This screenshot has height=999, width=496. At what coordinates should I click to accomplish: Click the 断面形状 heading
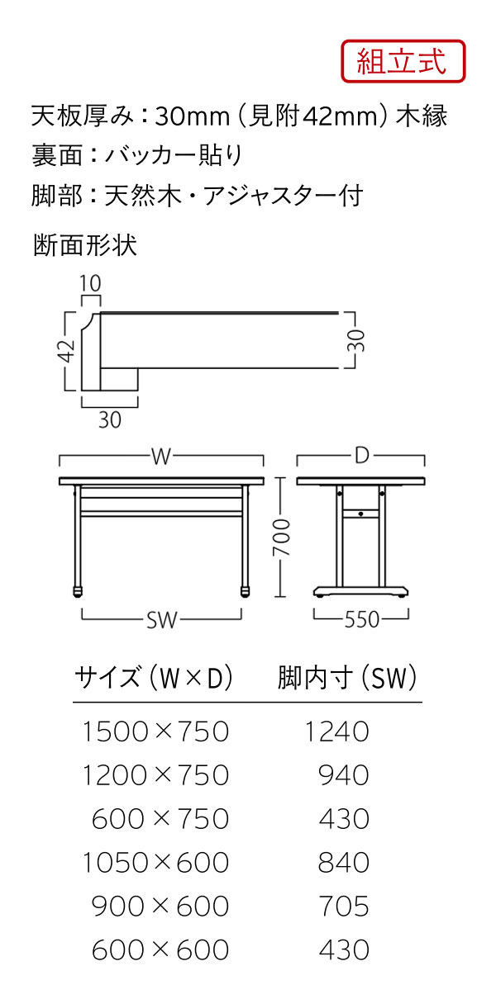pos(85,246)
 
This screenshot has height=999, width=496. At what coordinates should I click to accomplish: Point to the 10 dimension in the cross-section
pos(90,283)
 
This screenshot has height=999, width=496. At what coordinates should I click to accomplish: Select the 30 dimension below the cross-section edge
pos(109,420)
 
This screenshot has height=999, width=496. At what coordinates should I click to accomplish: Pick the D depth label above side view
pos(361,457)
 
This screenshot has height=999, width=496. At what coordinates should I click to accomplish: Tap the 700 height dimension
pos(283,538)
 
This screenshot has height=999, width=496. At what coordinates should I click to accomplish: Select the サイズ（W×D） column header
pos(154,679)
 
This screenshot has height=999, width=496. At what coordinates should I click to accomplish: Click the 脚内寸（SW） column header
pos(347,679)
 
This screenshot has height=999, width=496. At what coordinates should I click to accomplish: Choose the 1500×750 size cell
pos(155,731)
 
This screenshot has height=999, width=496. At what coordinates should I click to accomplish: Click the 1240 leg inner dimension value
pos(336,731)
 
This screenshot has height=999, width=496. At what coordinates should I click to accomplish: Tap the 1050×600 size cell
pos(155,863)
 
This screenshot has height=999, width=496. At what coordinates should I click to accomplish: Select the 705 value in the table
pos(343,907)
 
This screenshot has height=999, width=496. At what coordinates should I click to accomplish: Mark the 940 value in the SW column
pos(343,775)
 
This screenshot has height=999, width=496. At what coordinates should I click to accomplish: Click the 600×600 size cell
pos(160,950)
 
